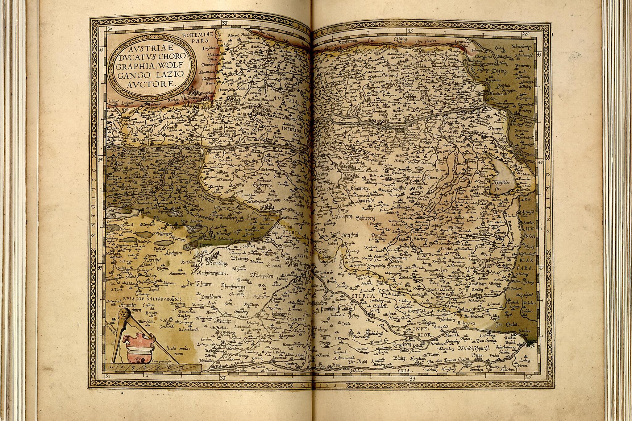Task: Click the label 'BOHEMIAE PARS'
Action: pyautogui.click(x=196, y=38)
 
